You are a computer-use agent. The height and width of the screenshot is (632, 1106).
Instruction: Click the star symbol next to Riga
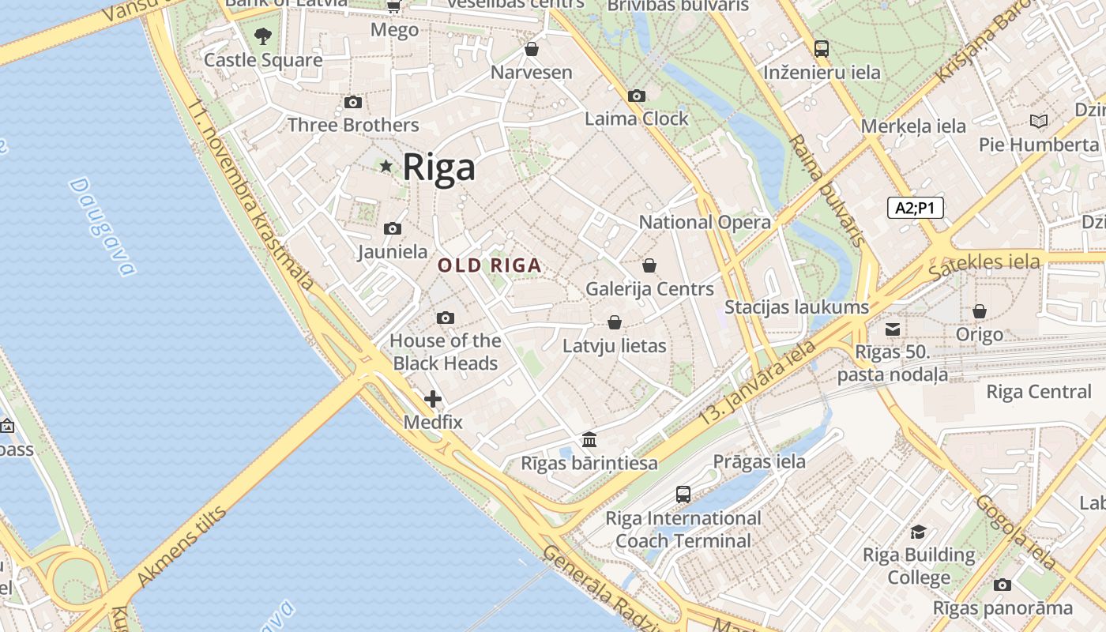tap(386, 166)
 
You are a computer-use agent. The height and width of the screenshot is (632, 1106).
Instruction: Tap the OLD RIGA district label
tap(490, 265)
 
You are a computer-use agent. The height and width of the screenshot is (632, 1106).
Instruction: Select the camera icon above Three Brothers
tap(353, 102)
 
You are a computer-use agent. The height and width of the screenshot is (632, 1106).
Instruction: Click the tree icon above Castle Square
tap(263, 36)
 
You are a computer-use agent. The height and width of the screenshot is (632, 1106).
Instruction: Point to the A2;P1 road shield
tap(915, 208)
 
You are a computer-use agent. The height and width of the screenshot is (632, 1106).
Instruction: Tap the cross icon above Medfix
tap(433, 399)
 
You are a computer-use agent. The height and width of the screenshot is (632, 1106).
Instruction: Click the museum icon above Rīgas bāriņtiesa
tap(589, 439)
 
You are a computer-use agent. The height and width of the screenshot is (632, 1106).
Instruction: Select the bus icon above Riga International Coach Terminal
tap(683, 495)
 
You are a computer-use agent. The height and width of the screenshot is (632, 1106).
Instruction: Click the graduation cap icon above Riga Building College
tap(918, 532)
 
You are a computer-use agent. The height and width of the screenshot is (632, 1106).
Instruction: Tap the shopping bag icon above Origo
tap(980, 311)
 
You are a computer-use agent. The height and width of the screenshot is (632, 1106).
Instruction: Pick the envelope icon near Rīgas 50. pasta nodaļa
tap(893, 329)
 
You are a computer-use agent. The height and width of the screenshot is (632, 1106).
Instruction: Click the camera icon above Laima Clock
tap(637, 96)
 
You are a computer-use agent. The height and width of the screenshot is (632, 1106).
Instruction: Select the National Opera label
tap(705, 222)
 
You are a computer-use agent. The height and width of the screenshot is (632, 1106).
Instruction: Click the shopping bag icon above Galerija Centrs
tap(649, 265)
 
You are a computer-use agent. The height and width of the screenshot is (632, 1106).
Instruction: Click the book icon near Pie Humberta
tap(1039, 121)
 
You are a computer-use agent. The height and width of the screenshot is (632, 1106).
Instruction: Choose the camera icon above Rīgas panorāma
tap(1003, 585)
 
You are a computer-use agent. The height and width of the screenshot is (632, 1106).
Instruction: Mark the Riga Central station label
tap(1038, 392)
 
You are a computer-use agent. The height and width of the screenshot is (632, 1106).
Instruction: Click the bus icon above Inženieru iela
tap(822, 49)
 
